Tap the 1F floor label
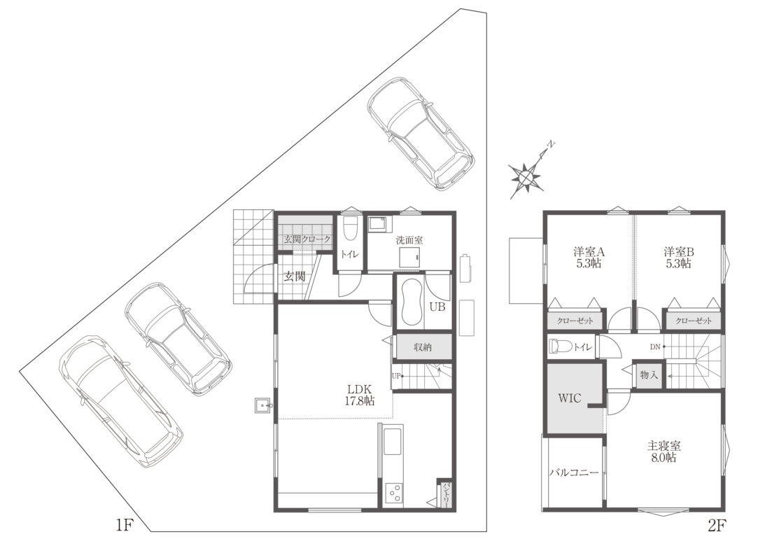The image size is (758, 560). point(124,525)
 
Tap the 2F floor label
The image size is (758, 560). point(717,525)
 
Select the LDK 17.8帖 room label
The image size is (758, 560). point(358,394)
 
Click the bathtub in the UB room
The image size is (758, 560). point(412,303)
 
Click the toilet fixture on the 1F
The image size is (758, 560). point(349,229)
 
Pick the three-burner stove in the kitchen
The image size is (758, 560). point(393,493)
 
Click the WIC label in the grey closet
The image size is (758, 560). point(570,398)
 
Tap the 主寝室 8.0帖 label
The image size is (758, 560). point(664,451)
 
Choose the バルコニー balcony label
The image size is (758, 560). point(574,472)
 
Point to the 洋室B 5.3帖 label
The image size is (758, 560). point(679,258)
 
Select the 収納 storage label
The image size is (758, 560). point(423,346)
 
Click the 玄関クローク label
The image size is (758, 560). point(307,239)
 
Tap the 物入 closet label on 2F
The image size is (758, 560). point(649,374)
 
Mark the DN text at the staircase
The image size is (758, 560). point(655,346)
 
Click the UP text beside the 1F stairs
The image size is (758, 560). point(396,375)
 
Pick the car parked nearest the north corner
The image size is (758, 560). point(421,134)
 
